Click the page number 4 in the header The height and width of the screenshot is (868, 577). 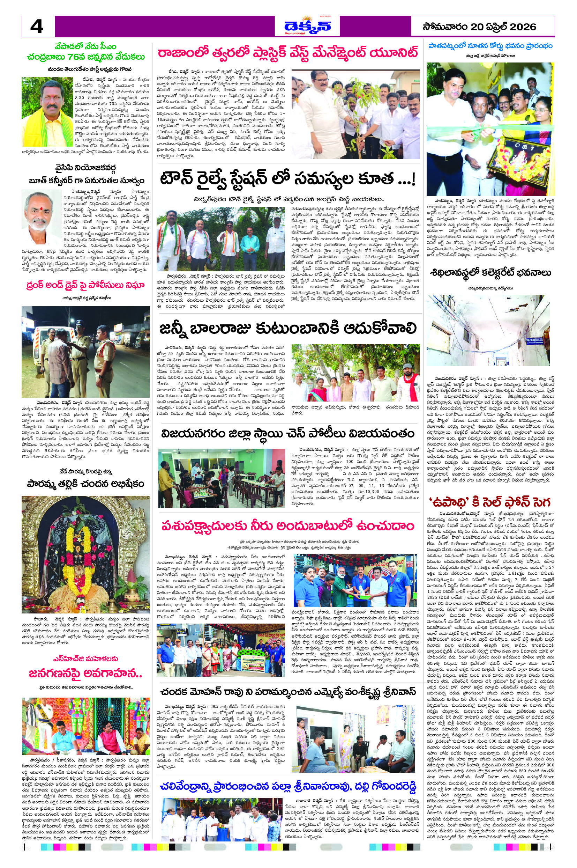pyautogui.click(x=37, y=27)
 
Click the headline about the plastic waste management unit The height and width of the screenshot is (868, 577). pyautogui.click(x=288, y=53)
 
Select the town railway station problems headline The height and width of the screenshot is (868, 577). pyautogui.click(x=288, y=179)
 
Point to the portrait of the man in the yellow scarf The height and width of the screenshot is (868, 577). pyautogui.click(x=47, y=112)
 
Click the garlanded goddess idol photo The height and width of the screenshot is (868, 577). pyautogui.click(x=85, y=556)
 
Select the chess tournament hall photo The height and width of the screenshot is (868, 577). pyautogui.click(x=221, y=478)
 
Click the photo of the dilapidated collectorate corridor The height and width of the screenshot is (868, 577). pyautogui.click(x=488, y=330)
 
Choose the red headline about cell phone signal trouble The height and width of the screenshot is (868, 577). pyautogui.click(x=489, y=502)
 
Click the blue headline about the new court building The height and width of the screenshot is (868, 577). pyautogui.click(x=490, y=46)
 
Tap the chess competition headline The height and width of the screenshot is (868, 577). pyautogui.click(x=288, y=434)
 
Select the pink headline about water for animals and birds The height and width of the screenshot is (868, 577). pyautogui.click(x=288, y=526)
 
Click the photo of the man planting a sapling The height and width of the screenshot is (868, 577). pyautogui.click(x=355, y=114)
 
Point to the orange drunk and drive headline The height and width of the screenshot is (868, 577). pyautogui.click(x=85, y=285)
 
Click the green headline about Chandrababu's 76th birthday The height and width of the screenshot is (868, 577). pyautogui.click(x=85, y=52)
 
